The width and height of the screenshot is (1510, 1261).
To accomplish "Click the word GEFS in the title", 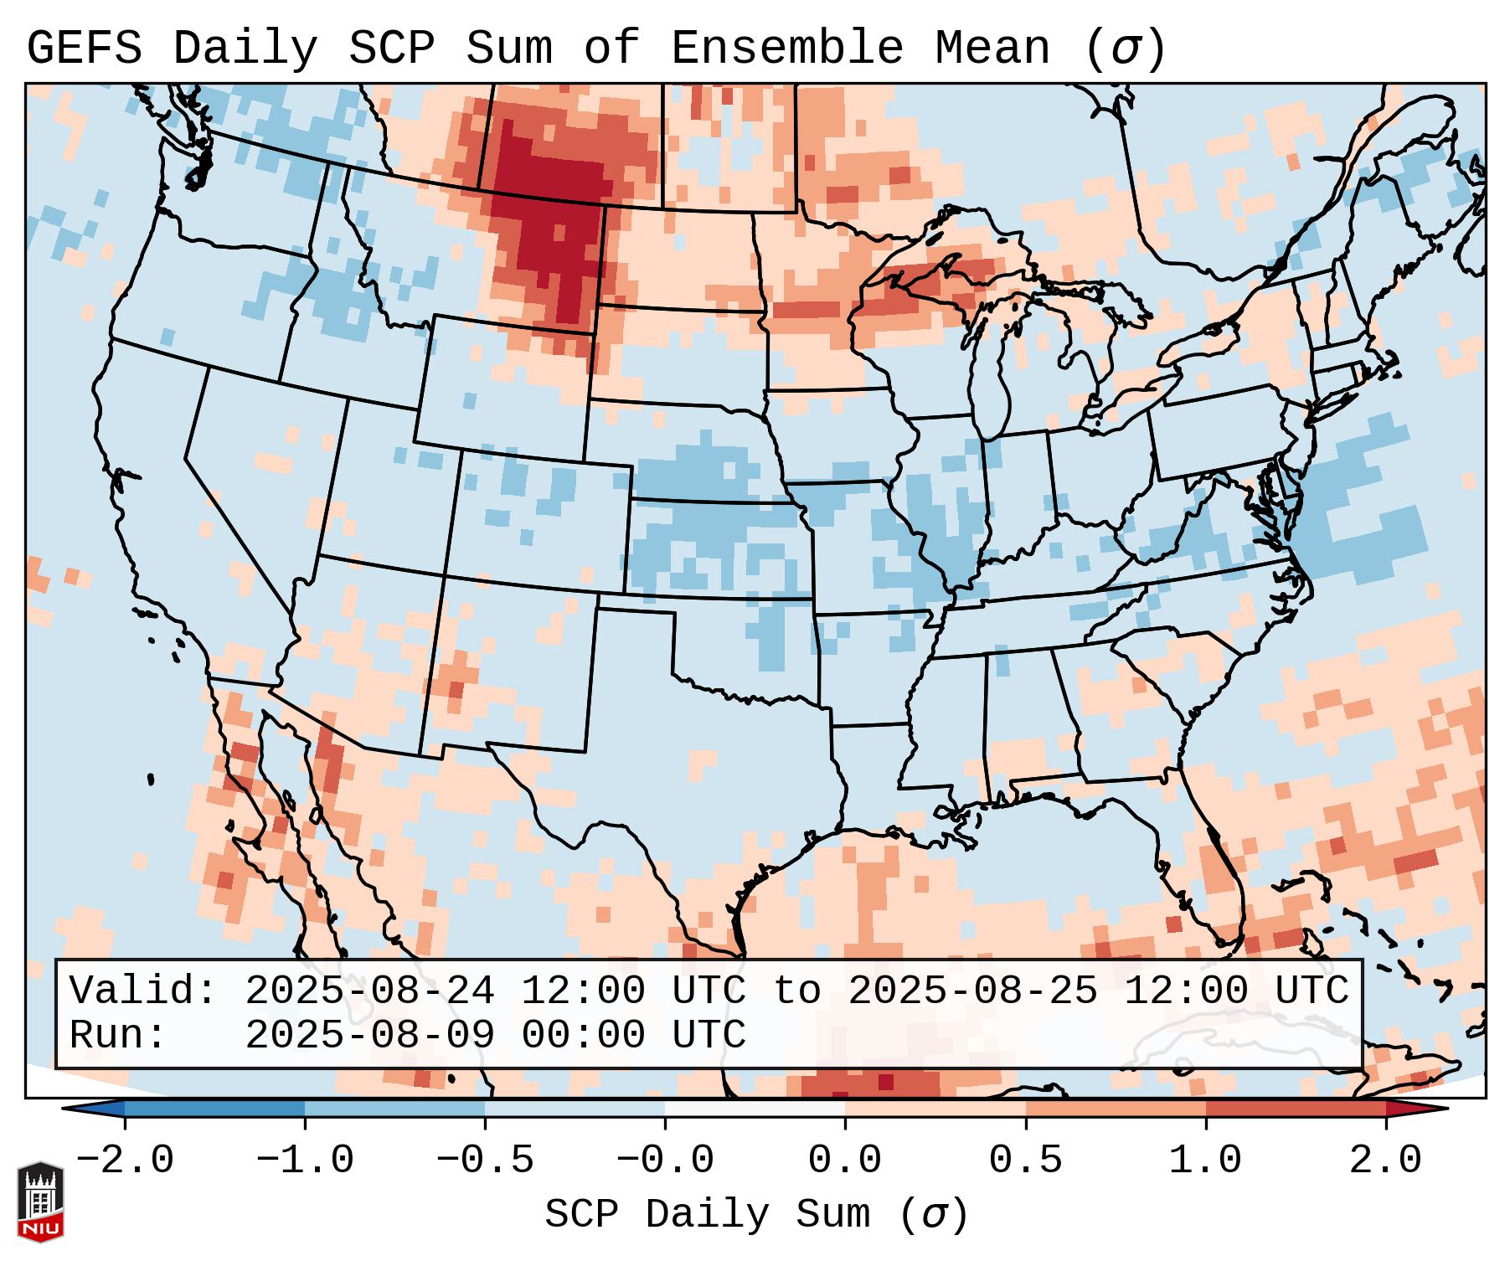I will (84, 49).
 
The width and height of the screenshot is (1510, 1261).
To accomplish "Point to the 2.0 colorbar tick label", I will (1385, 1161).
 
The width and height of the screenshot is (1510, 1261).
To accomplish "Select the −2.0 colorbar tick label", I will (125, 1161).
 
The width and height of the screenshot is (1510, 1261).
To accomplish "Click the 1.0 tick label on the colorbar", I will (1205, 1161).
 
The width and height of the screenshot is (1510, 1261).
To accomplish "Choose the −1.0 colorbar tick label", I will (305, 1161).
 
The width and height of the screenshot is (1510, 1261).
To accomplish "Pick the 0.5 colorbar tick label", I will (1025, 1161).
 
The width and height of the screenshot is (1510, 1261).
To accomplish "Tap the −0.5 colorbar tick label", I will (485, 1161).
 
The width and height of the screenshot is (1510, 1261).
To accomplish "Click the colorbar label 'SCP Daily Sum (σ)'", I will (756, 1215).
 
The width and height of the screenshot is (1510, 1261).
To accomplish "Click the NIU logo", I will (40, 1202).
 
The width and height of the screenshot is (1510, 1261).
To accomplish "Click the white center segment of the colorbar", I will (755, 1109).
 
